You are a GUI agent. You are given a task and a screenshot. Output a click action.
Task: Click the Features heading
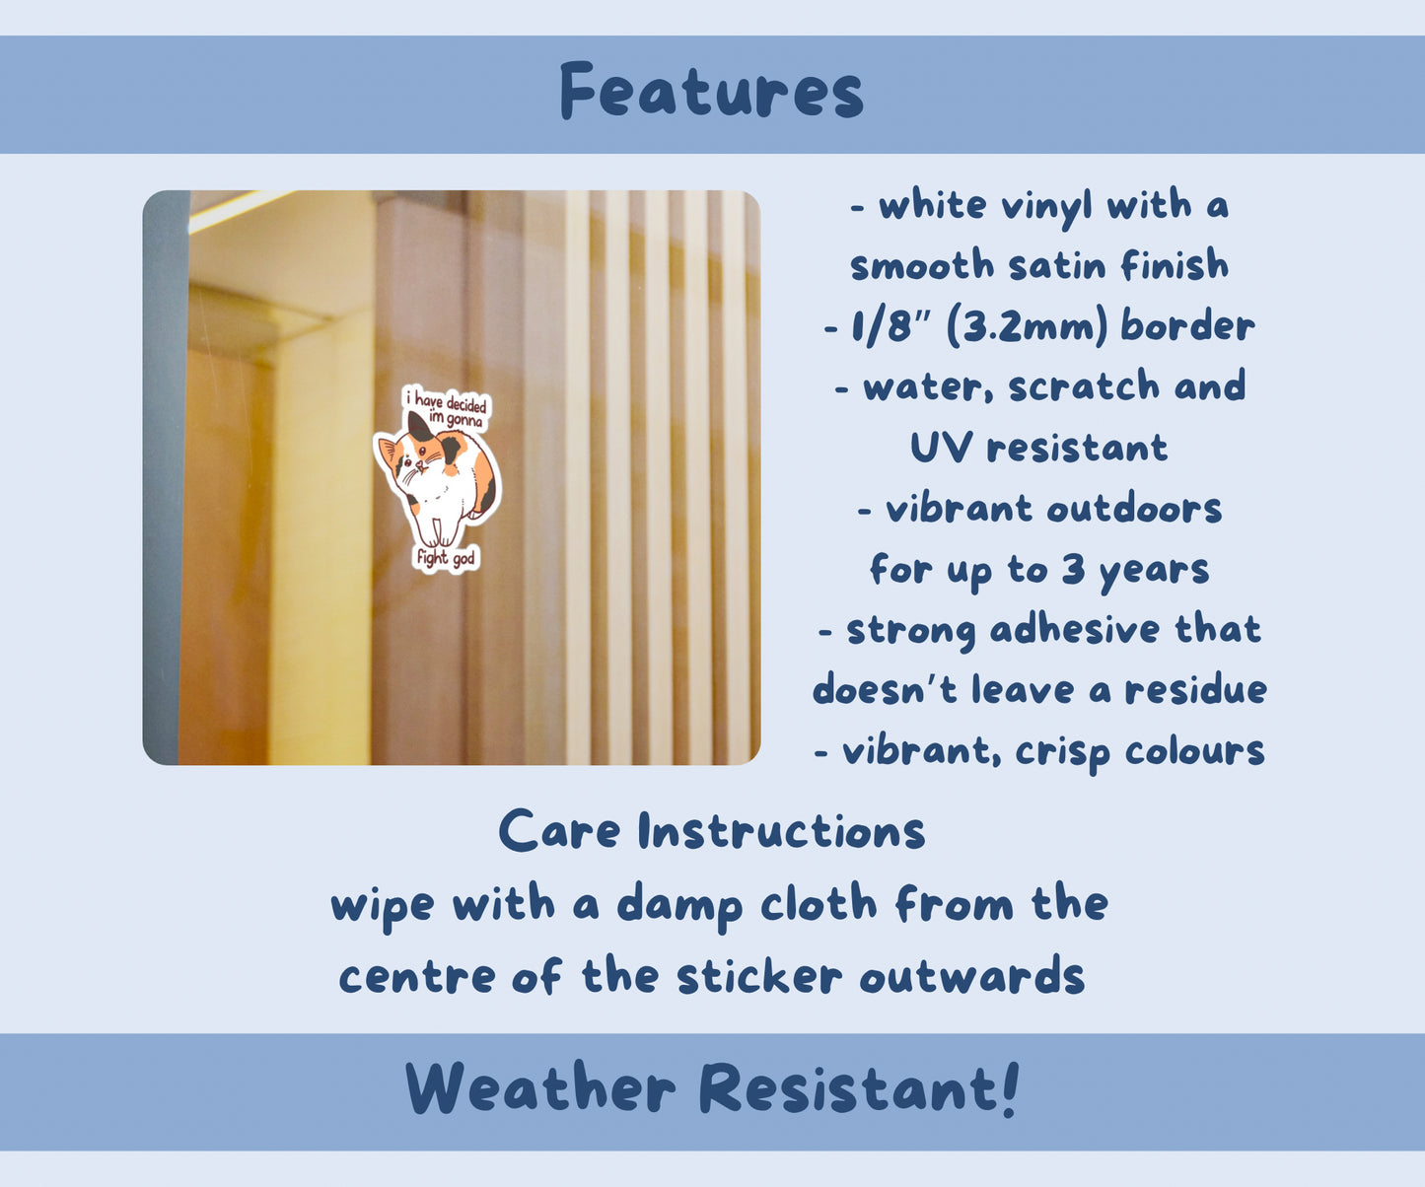712,91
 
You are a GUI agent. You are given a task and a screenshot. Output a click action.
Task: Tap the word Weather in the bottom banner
539,1088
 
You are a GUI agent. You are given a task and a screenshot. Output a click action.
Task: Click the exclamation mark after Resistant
1010,1088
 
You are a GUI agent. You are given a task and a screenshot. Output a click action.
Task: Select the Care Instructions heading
712,830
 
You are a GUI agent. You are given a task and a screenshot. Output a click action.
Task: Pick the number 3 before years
1073,569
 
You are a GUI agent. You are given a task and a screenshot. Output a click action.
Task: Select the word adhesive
1075,629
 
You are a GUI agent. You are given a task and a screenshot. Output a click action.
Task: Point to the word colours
1195,751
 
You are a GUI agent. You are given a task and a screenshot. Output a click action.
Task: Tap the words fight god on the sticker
446,558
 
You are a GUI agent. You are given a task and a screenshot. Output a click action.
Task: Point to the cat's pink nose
420,464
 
